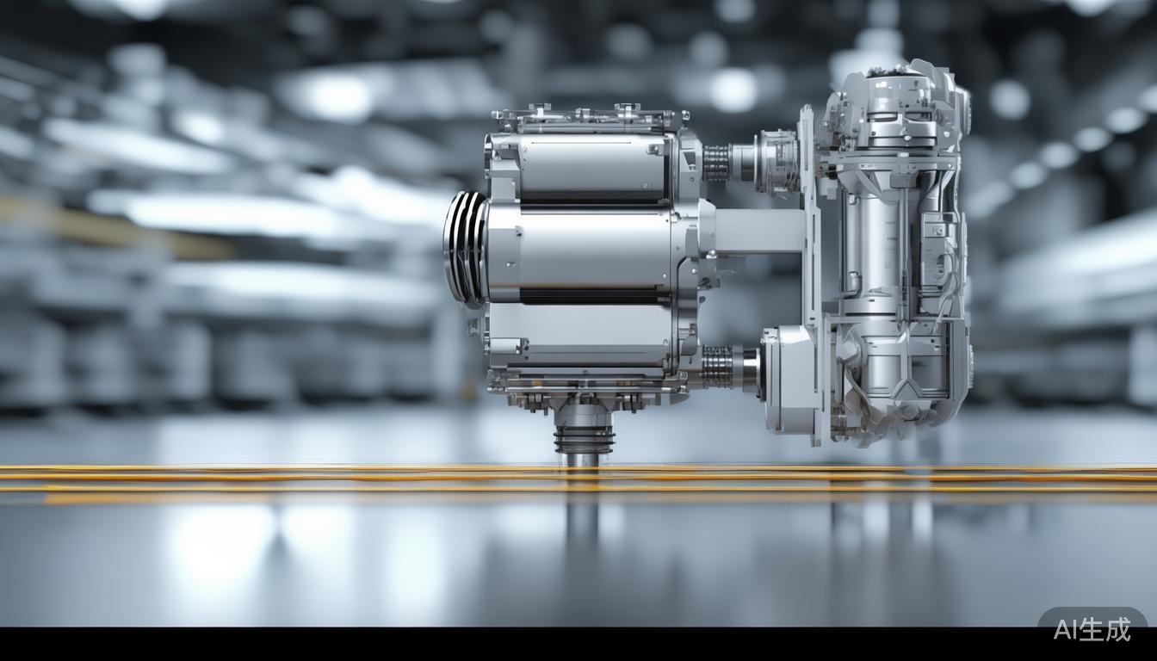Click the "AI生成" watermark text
click(1092, 629)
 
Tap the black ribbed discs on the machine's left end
click(465, 248)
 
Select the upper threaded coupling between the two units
click(716, 163)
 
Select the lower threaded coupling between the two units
click(717, 367)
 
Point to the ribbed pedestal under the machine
click(584, 436)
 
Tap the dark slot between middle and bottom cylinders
click(594, 296)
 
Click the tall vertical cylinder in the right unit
click(869, 241)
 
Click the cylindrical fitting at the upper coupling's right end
click(775, 161)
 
